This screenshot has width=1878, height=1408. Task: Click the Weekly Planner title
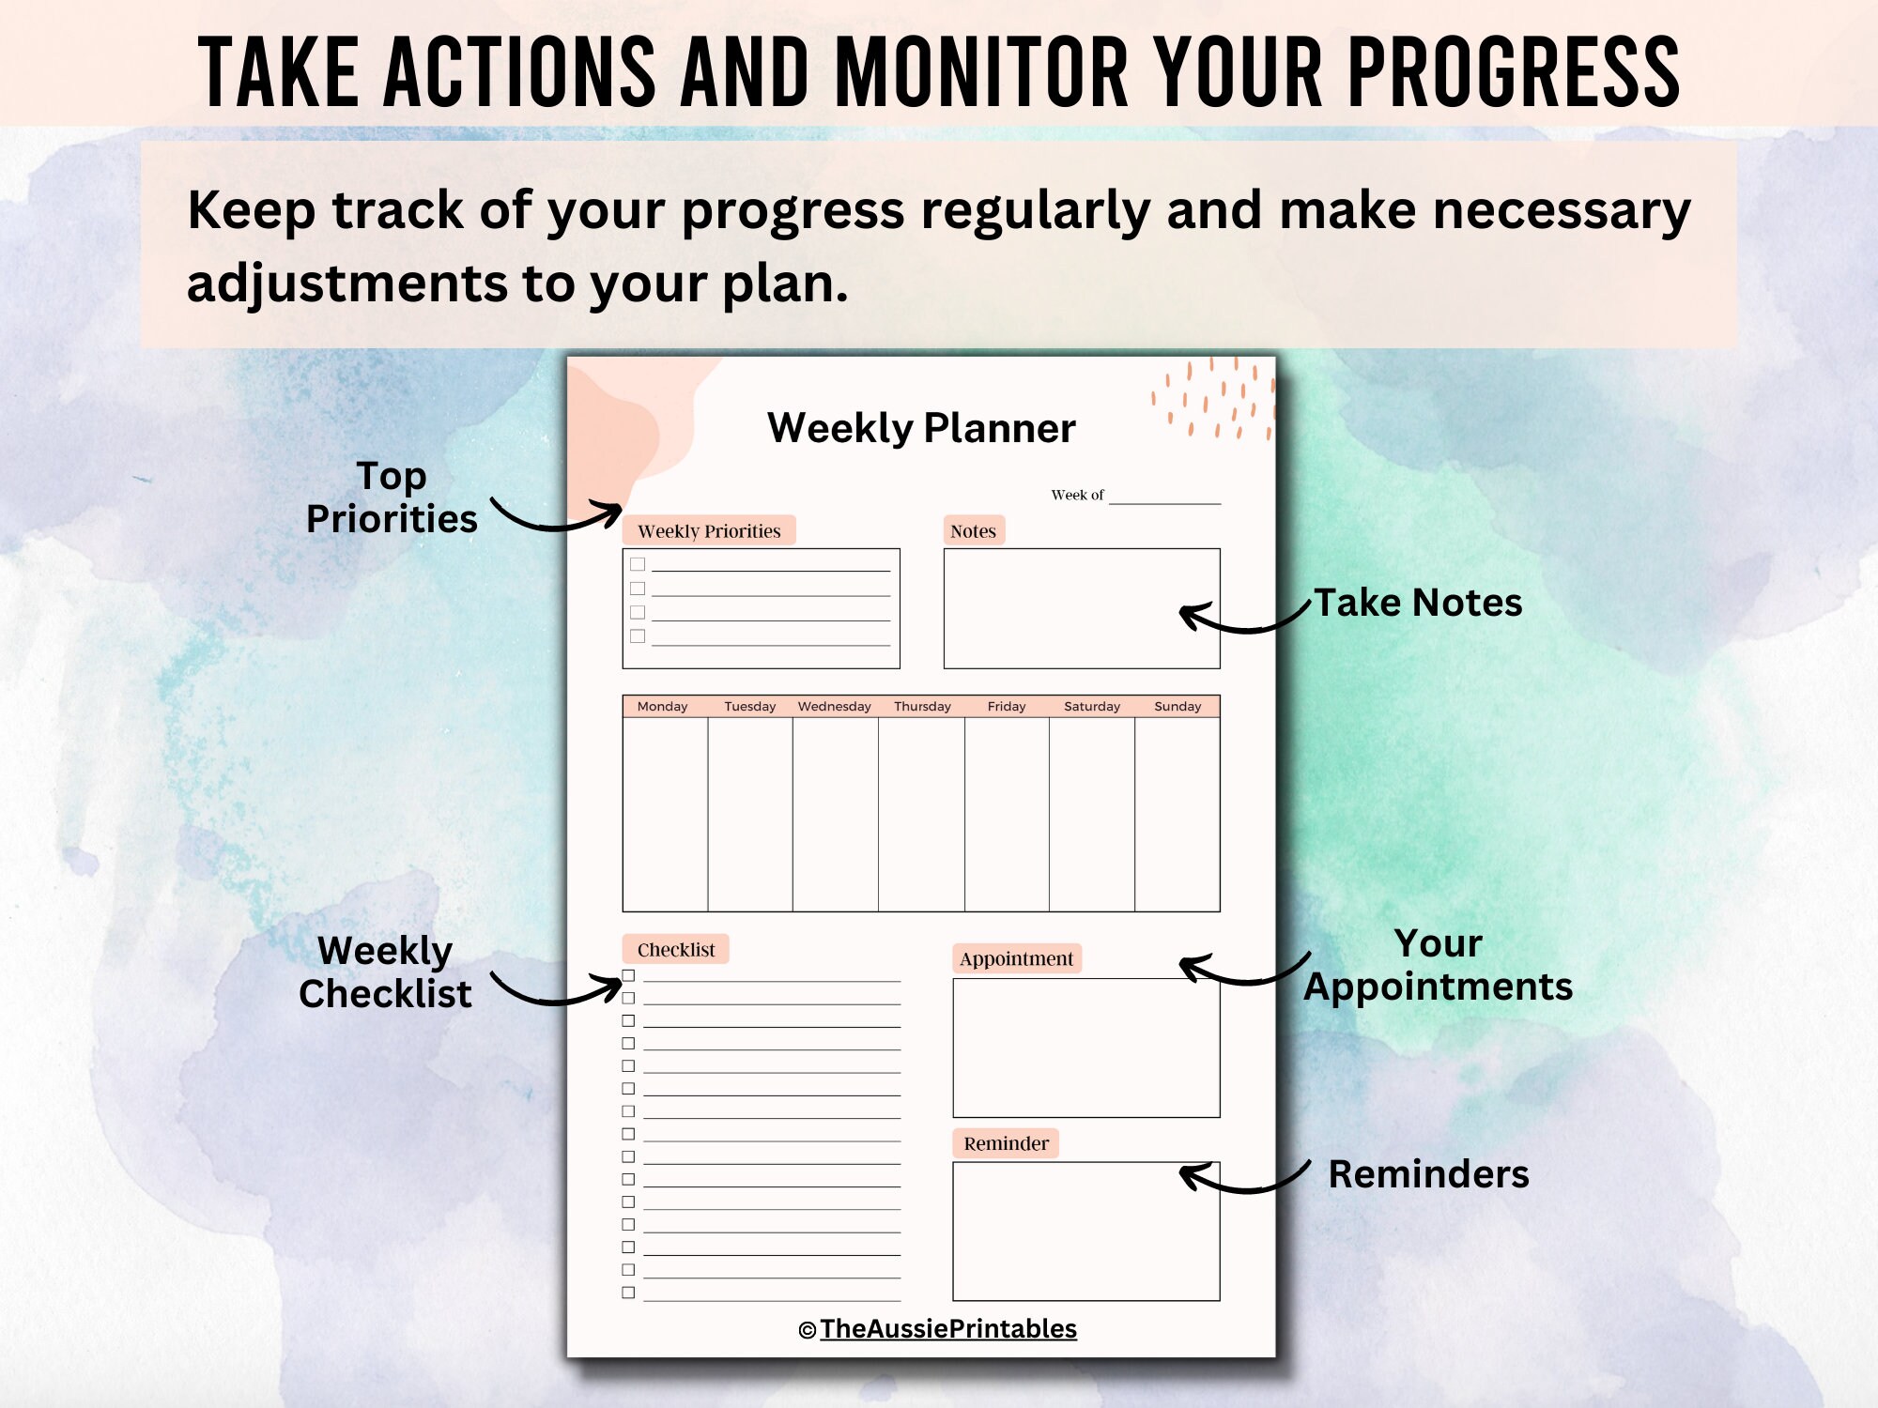click(921, 428)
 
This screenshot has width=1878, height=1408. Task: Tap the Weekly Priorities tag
click(709, 530)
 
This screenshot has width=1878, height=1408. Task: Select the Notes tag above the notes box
click(973, 530)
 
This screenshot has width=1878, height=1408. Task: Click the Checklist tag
click(675, 949)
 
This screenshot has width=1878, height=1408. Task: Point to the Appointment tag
click(1016, 958)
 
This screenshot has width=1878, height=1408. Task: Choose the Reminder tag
click(1006, 1143)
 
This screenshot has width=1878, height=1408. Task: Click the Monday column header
click(662, 706)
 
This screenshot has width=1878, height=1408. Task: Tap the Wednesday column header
click(834, 706)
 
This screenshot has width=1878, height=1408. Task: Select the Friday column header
click(1006, 706)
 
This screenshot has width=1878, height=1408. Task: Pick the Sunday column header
click(1177, 706)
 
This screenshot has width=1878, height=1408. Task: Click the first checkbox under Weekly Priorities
click(638, 564)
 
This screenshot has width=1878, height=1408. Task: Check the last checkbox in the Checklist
click(628, 1293)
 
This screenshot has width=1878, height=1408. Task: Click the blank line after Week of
click(1164, 497)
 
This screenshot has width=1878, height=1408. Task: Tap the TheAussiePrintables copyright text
click(947, 1328)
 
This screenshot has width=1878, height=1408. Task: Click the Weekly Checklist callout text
click(385, 972)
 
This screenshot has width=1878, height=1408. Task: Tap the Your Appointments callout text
click(1438, 965)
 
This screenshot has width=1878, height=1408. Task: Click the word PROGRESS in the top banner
click(1514, 73)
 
